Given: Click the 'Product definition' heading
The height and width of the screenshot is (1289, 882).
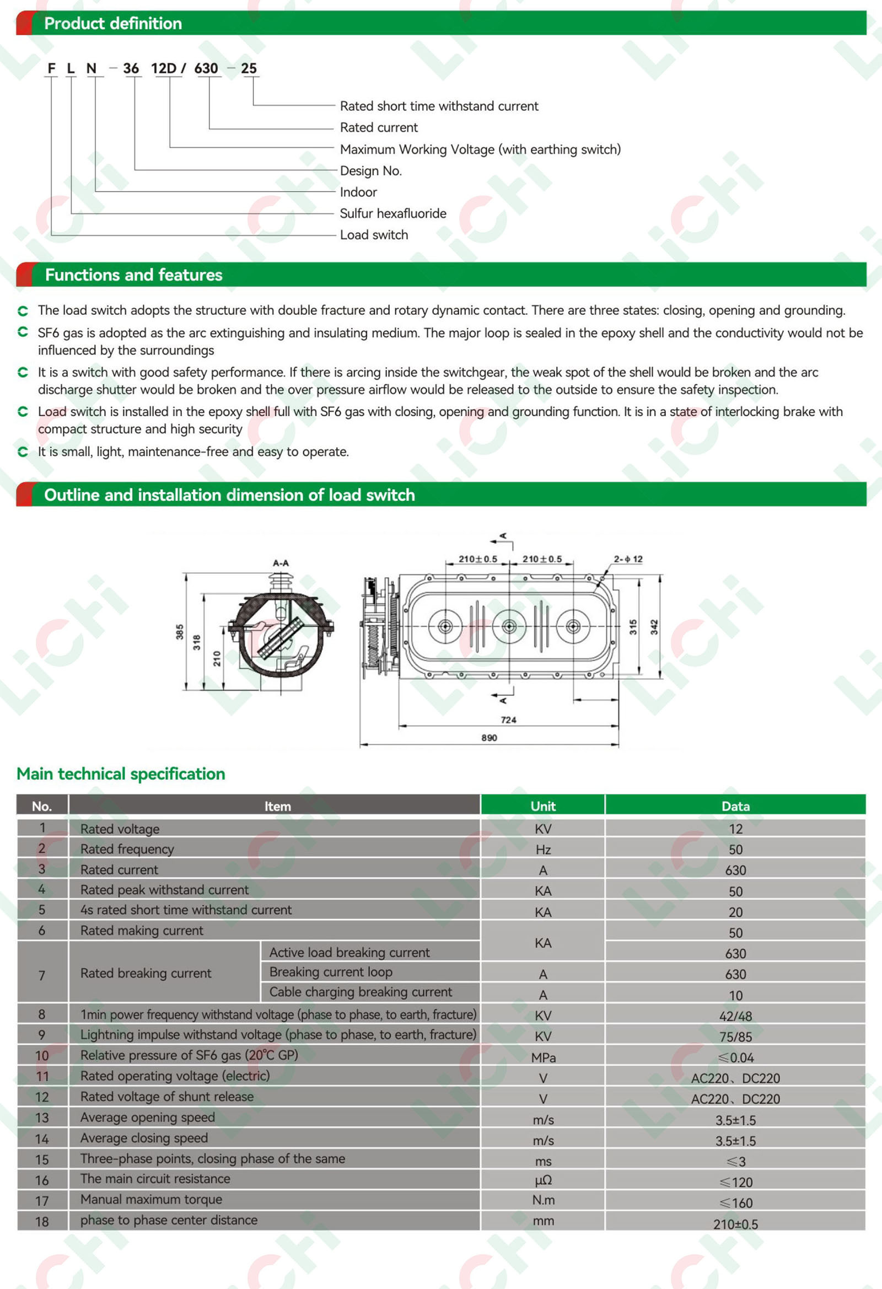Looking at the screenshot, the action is coord(113,23).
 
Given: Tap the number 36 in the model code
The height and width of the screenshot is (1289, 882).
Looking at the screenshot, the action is coord(131,68).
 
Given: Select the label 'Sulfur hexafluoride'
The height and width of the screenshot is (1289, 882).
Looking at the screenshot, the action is coord(392,213).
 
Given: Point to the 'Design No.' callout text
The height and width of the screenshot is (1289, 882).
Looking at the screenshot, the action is coord(370,171).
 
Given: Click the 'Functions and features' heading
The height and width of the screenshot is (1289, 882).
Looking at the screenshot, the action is coord(134,275).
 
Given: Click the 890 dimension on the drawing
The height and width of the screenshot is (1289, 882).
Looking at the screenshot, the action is coord(490,738).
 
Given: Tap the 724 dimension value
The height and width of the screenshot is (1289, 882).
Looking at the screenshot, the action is coord(509,720).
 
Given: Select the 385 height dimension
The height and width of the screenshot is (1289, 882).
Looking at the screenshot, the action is coord(180,632).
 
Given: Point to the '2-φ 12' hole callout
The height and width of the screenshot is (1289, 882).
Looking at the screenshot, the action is coord(628,559).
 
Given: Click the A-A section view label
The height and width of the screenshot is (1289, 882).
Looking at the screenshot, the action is coord(281,563).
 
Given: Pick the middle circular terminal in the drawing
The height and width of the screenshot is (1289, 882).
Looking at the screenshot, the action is coord(509,627).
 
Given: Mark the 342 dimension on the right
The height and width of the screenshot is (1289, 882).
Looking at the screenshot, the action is coord(654,627).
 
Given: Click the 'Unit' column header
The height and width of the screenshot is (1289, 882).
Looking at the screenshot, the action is coord(543,806).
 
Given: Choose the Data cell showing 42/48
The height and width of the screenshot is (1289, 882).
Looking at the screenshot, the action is coord(735,1016).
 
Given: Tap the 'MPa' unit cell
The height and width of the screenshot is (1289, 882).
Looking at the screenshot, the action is coord(543,1057).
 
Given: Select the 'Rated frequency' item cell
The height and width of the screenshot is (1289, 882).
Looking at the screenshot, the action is coord(127,849).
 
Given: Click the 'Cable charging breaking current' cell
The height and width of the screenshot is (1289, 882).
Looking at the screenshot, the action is coord(361,992).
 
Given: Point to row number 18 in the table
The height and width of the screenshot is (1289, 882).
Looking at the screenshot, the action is coord(42,1221).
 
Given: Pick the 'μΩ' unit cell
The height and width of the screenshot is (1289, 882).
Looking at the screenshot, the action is coord(543,1180).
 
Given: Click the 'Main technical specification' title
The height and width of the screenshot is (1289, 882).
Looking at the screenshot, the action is coord(121,774).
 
